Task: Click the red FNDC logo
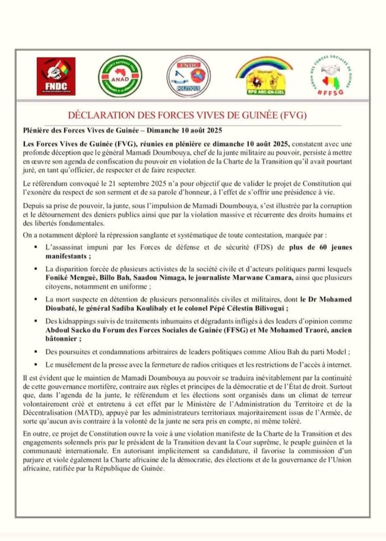pos(56,76)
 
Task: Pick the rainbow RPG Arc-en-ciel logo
pos(263,75)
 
